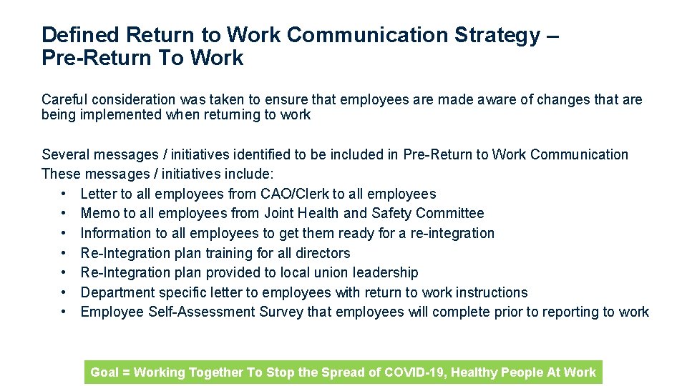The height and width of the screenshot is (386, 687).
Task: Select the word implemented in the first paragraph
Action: pos(120,115)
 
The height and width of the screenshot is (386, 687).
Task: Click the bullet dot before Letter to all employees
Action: pos(64,194)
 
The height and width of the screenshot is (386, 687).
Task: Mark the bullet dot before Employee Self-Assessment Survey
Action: pos(64,312)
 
